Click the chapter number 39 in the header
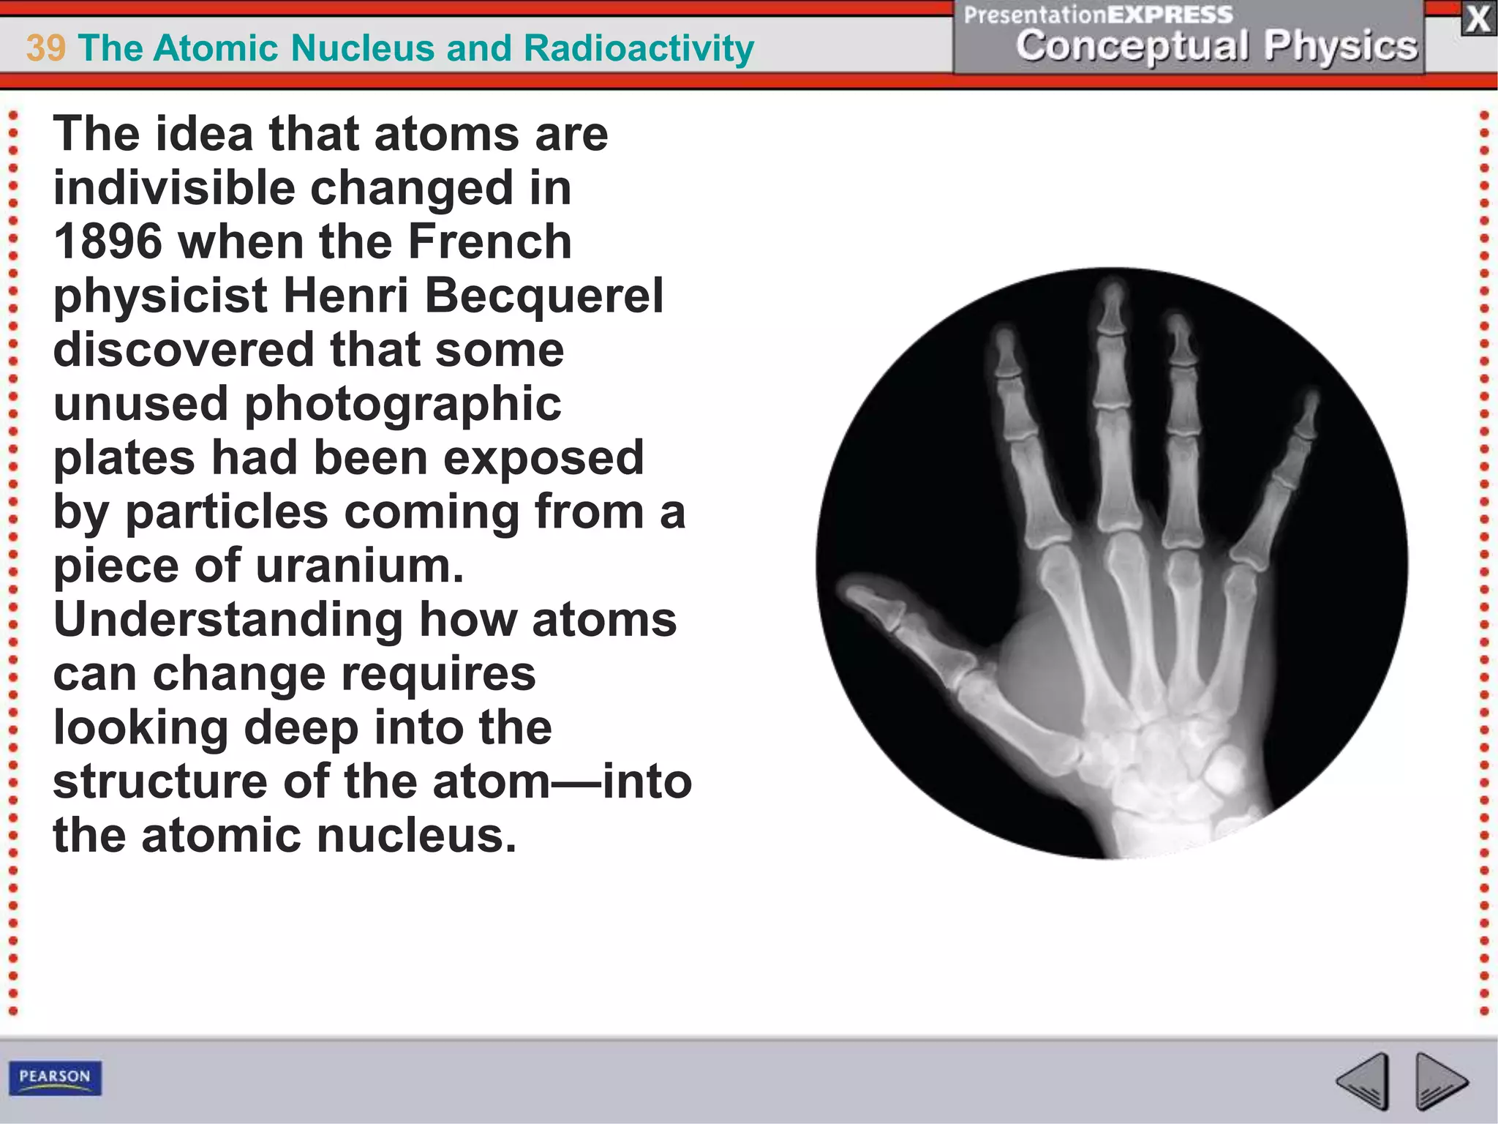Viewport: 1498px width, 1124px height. (x=45, y=48)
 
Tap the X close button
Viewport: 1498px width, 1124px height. (x=1478, y=19)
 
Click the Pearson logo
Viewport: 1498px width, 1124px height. (x=55, y=1077)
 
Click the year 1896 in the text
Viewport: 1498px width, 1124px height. (x=108, y=242)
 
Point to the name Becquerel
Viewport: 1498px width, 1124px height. (x=544, y=296)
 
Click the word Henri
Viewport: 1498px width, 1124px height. (x=345, y=296)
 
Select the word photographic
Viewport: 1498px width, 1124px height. (x=402, y=405)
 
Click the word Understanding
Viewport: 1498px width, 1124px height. (x=227, y=621)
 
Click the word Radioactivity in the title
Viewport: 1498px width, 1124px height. (x=639, y=48)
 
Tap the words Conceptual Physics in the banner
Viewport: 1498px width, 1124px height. (x=1216, y=46)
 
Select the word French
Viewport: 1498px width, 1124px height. (x=489, y=242)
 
